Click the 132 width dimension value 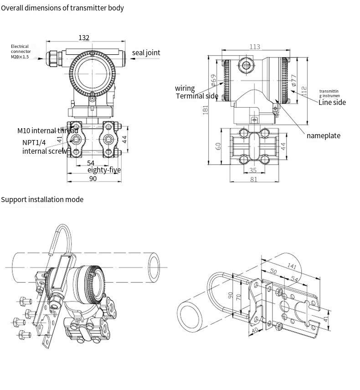[x=84, y=38]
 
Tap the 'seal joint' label [x=146, y=53]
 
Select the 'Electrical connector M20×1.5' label [x=20, y=52]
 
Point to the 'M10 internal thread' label [x=47, y=131]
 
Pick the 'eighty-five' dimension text [x=104, y=170]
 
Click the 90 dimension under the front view [x=93, y=178]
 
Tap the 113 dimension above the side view [x=255, y=47]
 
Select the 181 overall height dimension [x=206, y=110]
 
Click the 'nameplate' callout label [x=323, y=136]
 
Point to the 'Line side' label [x=332, y=103]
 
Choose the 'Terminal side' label [x=197, y=96]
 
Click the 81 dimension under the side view [x=254, y=179]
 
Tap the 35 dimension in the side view [x=253, y=171]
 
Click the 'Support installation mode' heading [x=42, y=199]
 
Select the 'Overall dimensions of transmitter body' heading [x=62, y=8]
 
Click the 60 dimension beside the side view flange [x=218, y=146]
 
